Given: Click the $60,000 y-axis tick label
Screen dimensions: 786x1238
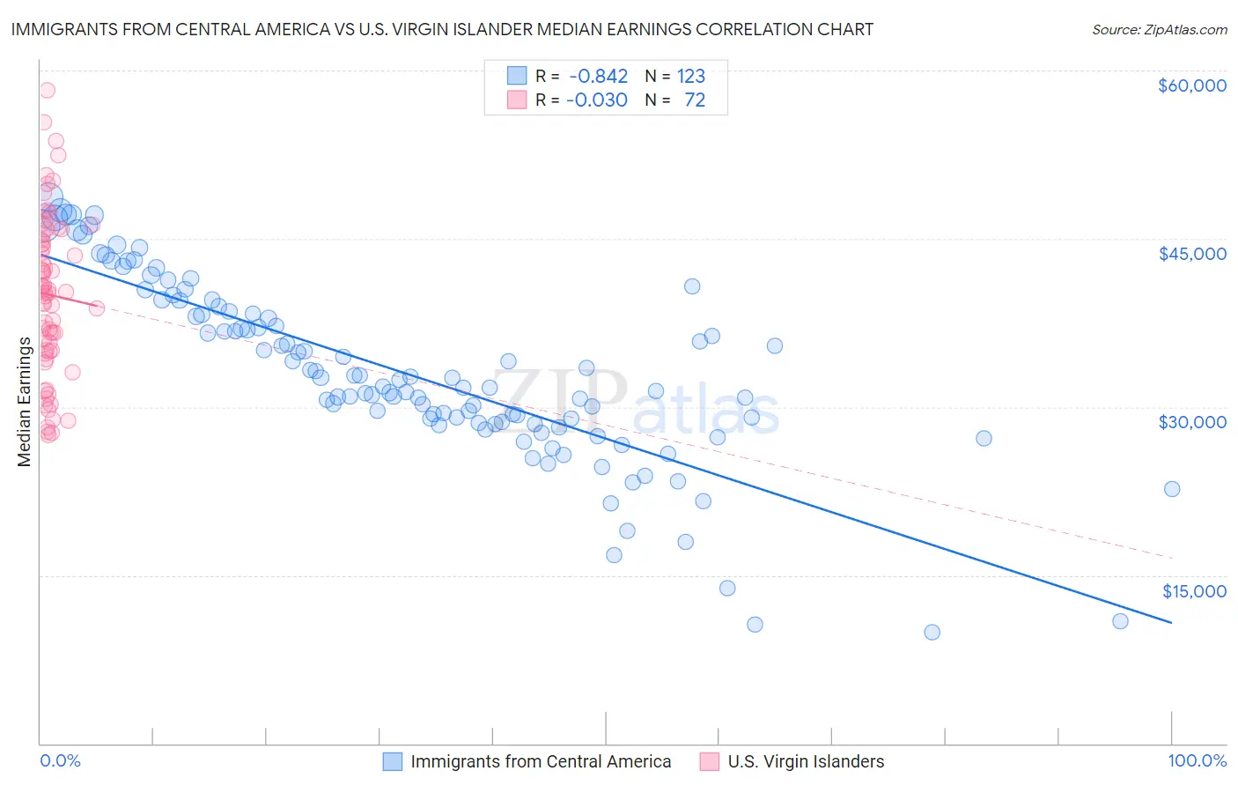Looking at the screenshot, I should (x=1191, y=85).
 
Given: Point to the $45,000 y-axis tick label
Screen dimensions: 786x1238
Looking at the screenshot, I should (x=1191, y=254).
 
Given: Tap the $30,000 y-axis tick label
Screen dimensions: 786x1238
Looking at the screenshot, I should (x=1191, y=422).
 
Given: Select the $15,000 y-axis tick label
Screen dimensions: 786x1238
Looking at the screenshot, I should (x=1194, y=590).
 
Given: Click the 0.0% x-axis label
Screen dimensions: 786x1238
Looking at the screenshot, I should (x=60, y=760).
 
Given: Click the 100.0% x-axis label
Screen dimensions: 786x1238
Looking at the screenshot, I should (x=1197, y=760).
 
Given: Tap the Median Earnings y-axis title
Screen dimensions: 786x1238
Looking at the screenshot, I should (x=24, y=401).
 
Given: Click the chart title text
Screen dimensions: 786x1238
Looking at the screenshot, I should (x=442, y=29).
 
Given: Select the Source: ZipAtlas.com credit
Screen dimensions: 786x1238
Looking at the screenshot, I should (x=1159, y=30).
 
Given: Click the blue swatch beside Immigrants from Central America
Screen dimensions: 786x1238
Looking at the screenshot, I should (x=393, y=761).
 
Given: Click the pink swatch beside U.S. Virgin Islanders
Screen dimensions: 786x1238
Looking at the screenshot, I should (x=710, y=761).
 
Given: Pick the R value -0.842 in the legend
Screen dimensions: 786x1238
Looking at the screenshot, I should (x=598, y=77).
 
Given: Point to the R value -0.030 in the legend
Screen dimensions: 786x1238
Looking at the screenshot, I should (x=598, y=100).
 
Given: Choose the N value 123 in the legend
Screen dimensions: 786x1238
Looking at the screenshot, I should (x=691, y=77).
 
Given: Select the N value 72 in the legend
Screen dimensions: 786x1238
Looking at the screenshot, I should (x=695, y=100).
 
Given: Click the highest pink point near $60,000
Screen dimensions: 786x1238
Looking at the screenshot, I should (x=47, y=90).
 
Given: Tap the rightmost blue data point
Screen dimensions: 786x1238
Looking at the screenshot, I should (x=1172, y=489).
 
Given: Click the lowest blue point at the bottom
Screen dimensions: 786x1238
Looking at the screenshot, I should (x=932, y=632).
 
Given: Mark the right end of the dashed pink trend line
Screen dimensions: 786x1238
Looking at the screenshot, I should (x=1172, y=558).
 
